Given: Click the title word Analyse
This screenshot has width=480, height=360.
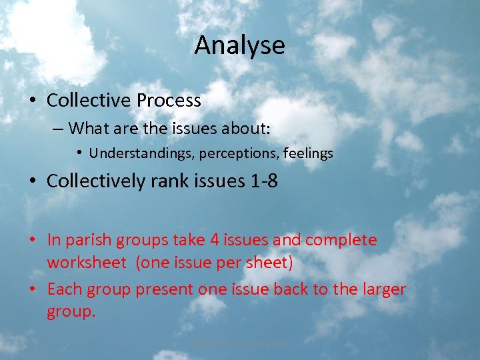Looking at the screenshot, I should coord(239,45).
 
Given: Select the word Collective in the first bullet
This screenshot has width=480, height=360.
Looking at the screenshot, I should coord(89,101).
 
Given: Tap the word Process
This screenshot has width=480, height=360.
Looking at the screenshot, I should coord(169,101).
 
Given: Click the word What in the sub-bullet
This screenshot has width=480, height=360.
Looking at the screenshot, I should coord(89,127).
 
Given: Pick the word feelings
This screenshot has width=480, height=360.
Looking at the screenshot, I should coord(308,153).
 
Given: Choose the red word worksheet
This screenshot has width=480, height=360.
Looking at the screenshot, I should coord(86,263).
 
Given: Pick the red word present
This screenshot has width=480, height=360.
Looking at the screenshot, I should coord(165,289).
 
